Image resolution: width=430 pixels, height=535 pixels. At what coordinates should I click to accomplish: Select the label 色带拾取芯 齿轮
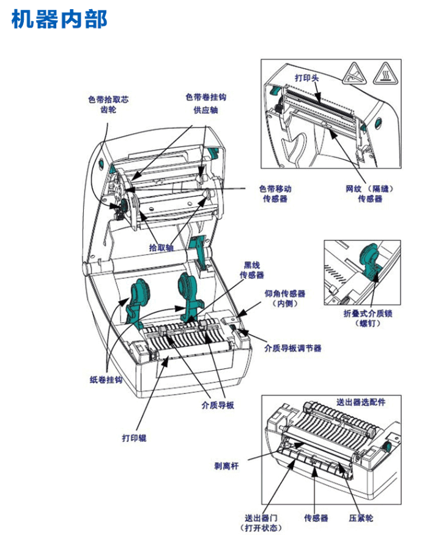coord(108,104)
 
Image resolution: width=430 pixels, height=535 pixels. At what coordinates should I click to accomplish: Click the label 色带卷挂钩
coord(206,98)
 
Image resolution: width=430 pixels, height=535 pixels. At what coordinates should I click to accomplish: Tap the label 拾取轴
coord(161,248)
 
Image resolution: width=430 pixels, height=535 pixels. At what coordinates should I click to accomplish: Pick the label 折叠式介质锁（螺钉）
coord(367,318)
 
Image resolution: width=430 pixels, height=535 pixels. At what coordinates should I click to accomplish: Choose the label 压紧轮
coord(361,518)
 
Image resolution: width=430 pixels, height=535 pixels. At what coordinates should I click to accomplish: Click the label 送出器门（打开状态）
coord(262,522)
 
